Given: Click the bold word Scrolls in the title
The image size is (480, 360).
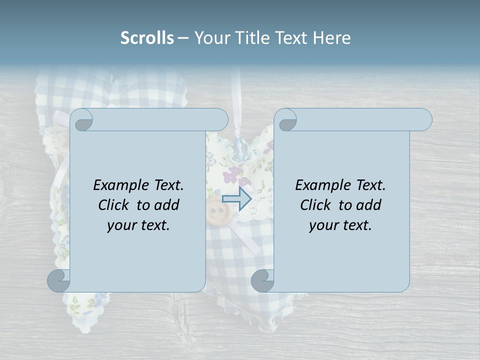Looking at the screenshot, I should click(147, 38).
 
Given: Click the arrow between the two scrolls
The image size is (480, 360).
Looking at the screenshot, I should click(236, 198).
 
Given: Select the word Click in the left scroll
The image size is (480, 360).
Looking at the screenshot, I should click(115, 205).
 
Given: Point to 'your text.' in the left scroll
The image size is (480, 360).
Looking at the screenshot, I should click(138, 225).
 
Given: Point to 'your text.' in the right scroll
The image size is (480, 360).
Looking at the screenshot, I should click(340, 225).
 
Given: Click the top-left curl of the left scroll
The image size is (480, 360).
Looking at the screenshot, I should click(83, 120).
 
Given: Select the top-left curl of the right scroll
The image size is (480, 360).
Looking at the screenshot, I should click(286, 120).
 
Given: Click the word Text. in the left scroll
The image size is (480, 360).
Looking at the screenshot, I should click(168, 185).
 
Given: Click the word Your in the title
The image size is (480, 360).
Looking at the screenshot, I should click(211, 38).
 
